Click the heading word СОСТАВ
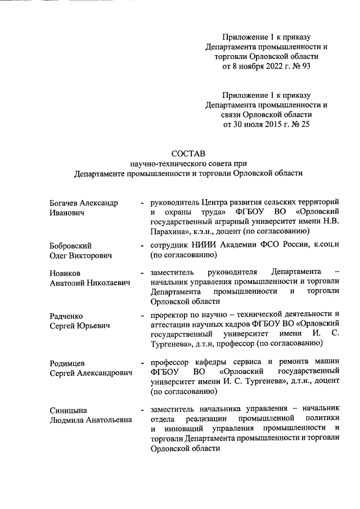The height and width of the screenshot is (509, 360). tap(189, 153)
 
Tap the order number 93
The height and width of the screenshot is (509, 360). tap(304, 66)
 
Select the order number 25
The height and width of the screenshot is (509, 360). tap(304, 125)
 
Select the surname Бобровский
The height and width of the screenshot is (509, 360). tap(70, 246)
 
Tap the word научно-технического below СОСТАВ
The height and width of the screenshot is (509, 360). tap(168, 163)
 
